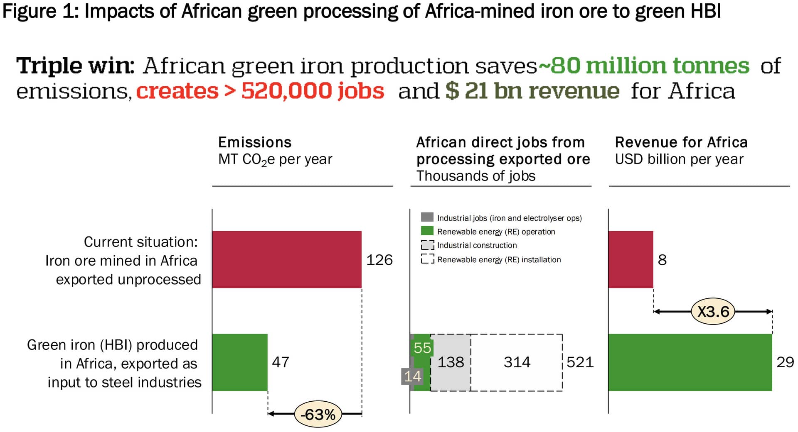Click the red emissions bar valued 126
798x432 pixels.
point(286,259)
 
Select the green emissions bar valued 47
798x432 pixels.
point(239,362)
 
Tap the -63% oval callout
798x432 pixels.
point(318,414)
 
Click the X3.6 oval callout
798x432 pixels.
point(713,311)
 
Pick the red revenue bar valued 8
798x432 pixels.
point(631,259)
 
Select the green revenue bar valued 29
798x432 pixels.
point(690,362)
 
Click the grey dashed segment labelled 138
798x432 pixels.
point(451,362)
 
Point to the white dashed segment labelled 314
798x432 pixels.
point(517,362)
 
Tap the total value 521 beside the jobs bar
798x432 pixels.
point(580,362)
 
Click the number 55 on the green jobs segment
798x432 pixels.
point(422,348)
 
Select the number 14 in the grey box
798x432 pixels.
point(412,376)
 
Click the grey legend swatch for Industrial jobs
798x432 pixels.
point(427,217)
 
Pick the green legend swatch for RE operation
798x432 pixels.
point(427,231)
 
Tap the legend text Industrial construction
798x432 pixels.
point(477,245)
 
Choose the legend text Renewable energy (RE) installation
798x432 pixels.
point(499,259)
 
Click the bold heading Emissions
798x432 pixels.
point(255,142)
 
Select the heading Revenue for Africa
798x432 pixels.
point(681,142)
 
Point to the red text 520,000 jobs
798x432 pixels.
point(313,91)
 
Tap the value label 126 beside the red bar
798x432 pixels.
point(379,260)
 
